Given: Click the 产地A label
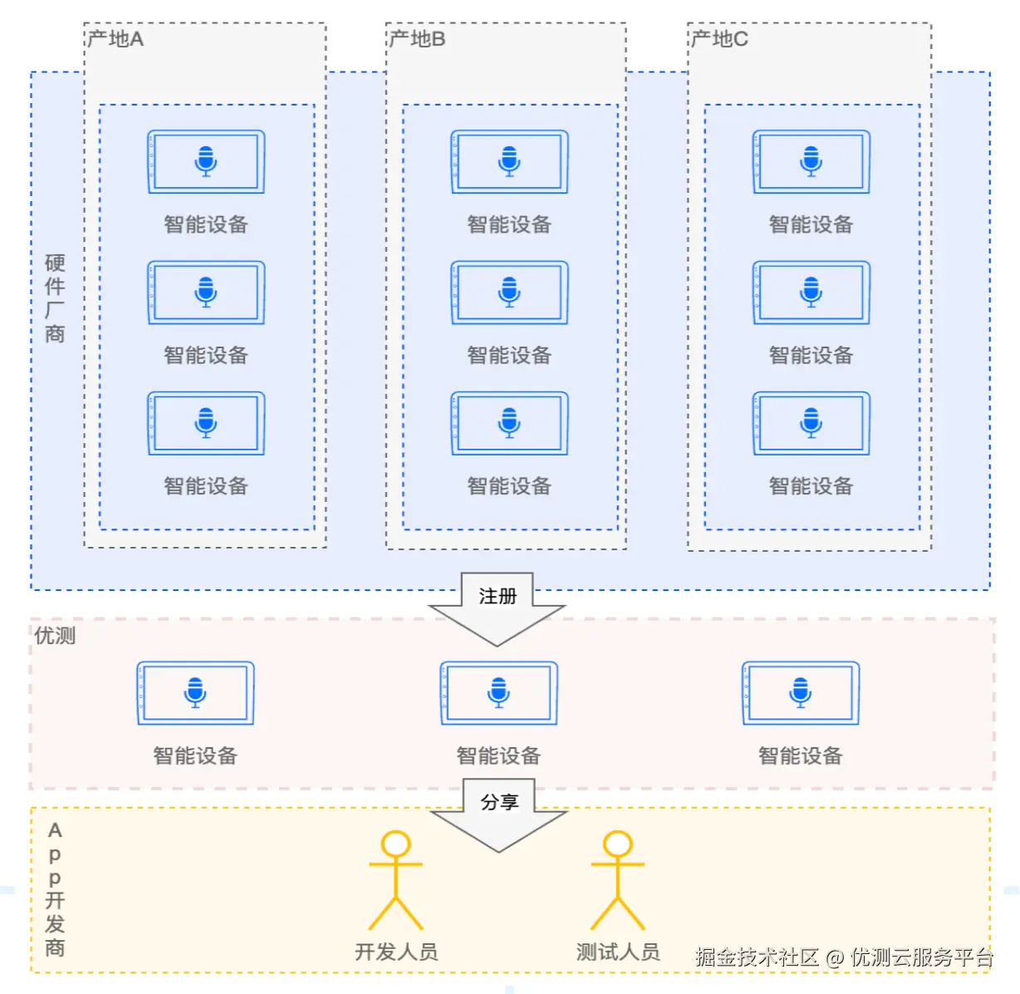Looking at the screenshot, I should pos(115,39).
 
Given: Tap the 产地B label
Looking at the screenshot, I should pos(417,39).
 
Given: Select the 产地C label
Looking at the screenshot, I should pos(719,39).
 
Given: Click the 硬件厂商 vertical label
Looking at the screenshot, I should pos(55,298).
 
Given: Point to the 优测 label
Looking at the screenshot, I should pos(55,636).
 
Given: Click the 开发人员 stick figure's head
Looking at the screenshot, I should pos(395,844).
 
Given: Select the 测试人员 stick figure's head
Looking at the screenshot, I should pos(617,844).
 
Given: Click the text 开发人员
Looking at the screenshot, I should pos(396,952).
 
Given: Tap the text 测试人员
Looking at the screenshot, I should pos(618,952).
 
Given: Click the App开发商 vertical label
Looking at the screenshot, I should pos(55,888).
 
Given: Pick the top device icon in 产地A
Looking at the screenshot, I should pos(206,161).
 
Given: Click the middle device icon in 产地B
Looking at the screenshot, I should pos(509,293).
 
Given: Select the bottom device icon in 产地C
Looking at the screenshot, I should pos(811,423).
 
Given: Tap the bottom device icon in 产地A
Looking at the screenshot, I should pos(206,423).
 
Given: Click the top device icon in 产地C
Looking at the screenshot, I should pos(811,161).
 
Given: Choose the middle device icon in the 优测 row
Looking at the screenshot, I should pos(498,693).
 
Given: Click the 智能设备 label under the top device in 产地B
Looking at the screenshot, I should pos(509,224).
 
